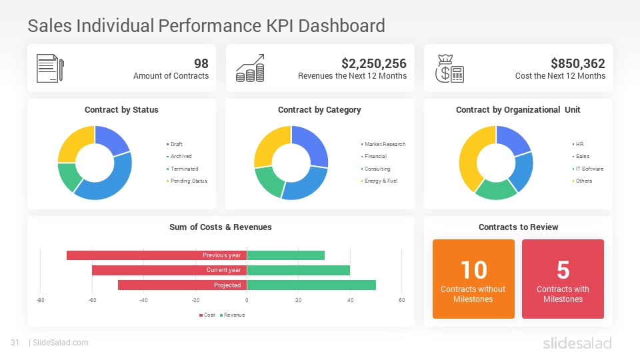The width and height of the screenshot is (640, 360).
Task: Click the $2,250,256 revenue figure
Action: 373,63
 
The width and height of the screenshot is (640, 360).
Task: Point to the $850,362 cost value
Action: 577,63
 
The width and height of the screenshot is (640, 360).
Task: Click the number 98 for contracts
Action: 201,63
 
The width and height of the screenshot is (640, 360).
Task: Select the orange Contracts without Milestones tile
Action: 473,279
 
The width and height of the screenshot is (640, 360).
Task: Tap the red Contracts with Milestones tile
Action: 563,279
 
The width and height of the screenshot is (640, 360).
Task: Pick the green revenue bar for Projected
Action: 311,285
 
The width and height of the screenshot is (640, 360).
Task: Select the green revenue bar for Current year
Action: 299,270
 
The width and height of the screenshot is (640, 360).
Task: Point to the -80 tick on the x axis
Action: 40,300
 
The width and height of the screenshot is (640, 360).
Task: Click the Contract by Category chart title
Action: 319,110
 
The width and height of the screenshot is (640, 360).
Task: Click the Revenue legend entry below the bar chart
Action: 233,315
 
